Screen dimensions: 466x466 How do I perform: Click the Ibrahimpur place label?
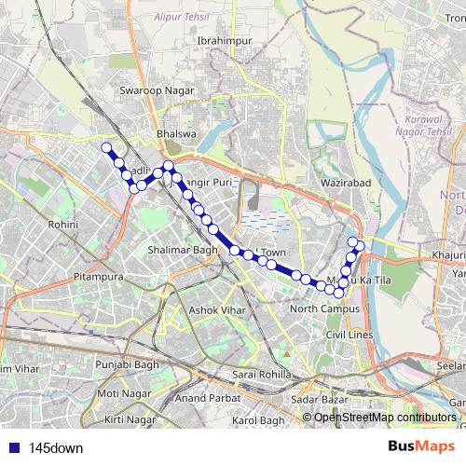pos(219,41)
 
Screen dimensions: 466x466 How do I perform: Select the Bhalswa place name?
pos(176,134)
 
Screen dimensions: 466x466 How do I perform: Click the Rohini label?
pos(64,225)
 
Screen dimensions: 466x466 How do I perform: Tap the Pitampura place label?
pos(98,277)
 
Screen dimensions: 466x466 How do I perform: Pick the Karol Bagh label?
pos(256,421)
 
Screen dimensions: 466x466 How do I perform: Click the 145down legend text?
pos(56,447)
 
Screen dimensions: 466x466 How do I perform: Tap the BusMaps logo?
pos(423,446)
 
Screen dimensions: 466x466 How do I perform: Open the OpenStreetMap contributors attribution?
pos(385,418)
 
